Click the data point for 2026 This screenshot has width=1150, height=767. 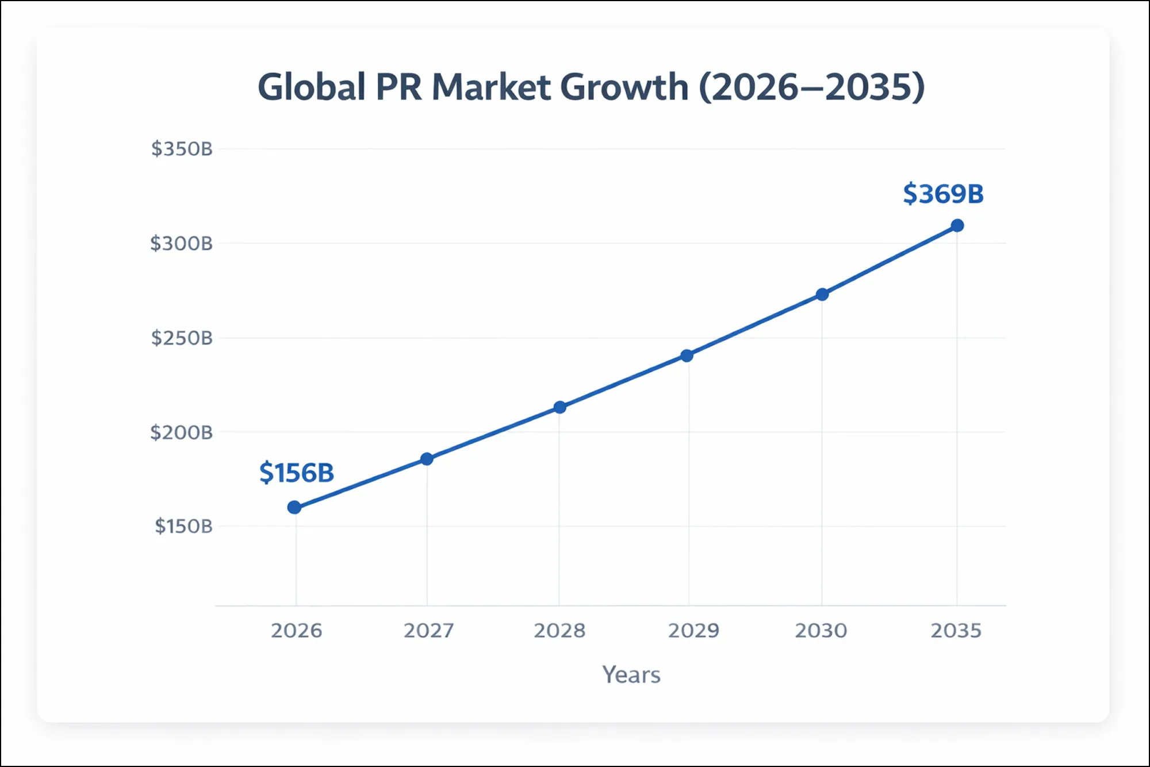(x=294, y=507)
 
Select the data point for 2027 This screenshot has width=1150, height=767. (x=427, y=459)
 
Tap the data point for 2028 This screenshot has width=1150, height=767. (x=559, y=407)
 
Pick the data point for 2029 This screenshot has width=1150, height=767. (x=687, y=355)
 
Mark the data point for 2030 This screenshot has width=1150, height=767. (x=822, y=294)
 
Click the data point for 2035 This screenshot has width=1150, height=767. (x=957, y=225)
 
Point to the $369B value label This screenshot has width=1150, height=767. (x=943, y=194)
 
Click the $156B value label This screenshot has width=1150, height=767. (x=297, y=473)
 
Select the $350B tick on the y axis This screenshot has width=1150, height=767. (x=182, y=149)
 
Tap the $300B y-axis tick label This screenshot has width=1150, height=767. (x=181, y=243)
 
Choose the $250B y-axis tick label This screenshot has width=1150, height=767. (x=182, y=338)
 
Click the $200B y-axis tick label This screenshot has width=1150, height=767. (x=181, y=432)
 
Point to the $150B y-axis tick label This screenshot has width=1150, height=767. (x=183, y=526)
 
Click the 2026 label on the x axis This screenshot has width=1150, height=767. (x=296, y=631)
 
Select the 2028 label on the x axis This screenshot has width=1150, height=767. (x=559, y=631)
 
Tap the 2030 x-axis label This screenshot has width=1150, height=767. (x=821, y=631)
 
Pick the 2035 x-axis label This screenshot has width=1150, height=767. (x=956, y=631)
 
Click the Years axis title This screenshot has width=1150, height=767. (x=631, y=674)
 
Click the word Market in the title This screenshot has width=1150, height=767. (x=492, y=87)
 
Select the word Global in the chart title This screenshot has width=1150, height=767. (x=311, y=87)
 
